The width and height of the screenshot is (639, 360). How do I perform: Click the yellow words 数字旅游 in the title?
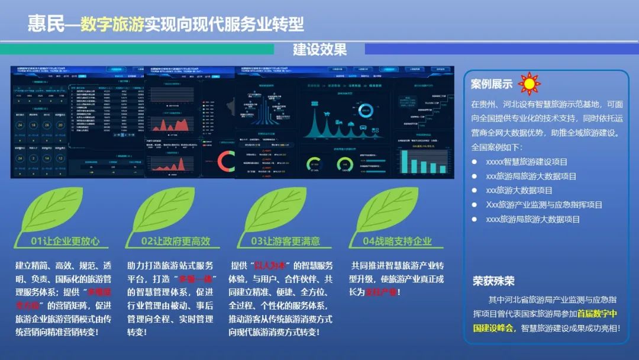(x=112, y=24)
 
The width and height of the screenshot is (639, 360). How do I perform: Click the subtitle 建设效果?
(x=319, y=50)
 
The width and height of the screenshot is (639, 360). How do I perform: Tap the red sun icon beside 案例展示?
(x=529, y=83)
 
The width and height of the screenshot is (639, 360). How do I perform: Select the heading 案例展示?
(x=491, y=84)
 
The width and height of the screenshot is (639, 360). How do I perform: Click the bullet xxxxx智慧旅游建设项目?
(x=526, y=162)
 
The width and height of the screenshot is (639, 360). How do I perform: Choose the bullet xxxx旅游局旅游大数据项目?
(x=532, y=219)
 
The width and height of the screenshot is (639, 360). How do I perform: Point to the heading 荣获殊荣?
(x=493, y=281)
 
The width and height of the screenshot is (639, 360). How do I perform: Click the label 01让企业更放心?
(x=65, y=241)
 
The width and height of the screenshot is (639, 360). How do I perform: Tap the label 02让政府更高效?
(x=176, y=241)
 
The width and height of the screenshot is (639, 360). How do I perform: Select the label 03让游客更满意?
(x=285, y=241)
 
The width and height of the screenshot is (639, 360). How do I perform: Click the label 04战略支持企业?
(x=397, y=241)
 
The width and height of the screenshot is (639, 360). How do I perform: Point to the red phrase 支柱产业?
(x=381, y=292)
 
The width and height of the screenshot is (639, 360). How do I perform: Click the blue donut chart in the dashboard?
(x=366, y=110)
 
